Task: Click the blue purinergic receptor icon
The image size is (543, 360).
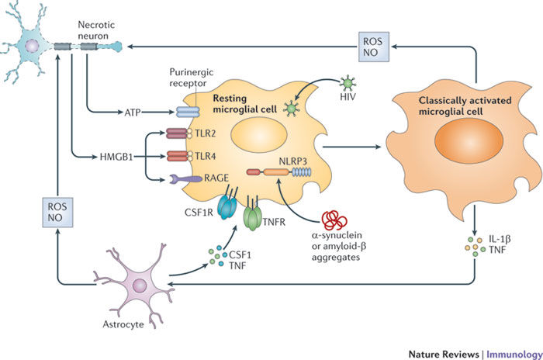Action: click(x=188, y=112)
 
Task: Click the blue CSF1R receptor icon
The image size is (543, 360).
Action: click(x=227, y=206)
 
